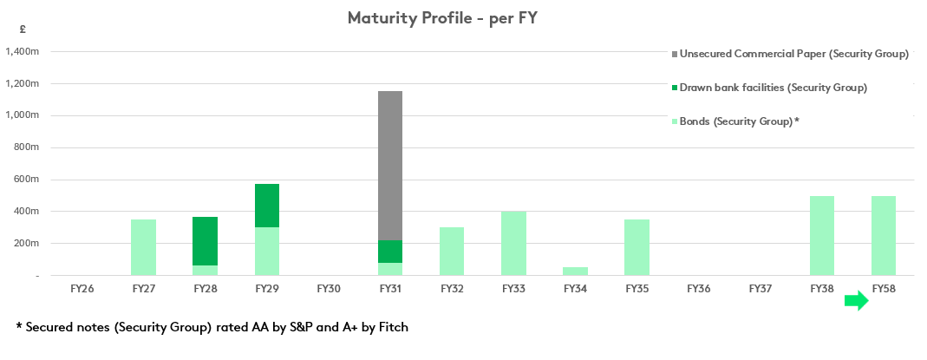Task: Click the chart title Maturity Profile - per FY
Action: pyautogui.click(x=442, y=17)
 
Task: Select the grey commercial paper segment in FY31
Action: pyautogui.click(x=390, y=166)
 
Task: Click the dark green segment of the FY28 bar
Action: pyautogui.click(x=206, y=241)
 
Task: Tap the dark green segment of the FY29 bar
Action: pyautogui.click(x=267, y=206)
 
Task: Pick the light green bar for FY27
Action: pyautogui.click(x=144, y=247)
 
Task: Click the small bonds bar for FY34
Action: pyautogui.click(x=575, y=271)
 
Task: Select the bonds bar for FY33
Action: pyautogui.click(x=513, y=243)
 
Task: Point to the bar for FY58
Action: pyautogui.click(x=884, y=235)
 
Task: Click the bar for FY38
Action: pyautogui.click(x=822, y=235)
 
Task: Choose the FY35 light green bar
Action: pyautogui.click(x=636, y=247)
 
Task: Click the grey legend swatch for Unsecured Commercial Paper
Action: pyautogui.click(x=675, y=54)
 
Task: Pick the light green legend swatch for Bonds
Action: pyautogui.click(x=675, y=121)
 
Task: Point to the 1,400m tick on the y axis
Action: pyautogui.click(x=23, y=52)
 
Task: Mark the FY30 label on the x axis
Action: pyautogui.click(x=329, y=288)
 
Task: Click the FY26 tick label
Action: pyautogui.click(x=82, y=288)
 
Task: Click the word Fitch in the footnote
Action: pyautogui.click(x=389, y=327)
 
